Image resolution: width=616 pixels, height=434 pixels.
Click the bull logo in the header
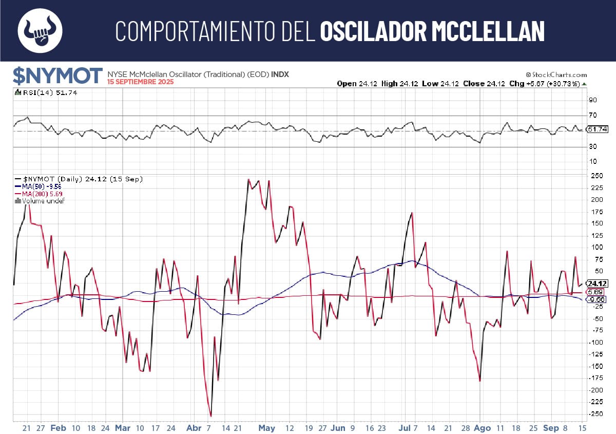pos(40,30)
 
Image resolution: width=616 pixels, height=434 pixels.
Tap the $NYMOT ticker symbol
pos(57,76)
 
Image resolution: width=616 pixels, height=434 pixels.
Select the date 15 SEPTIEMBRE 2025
pos(140,82)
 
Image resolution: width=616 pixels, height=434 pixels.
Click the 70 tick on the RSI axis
pos(592,116)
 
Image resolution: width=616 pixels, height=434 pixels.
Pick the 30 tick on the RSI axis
pos(592,147)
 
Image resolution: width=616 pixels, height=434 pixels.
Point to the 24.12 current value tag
pos(597,284)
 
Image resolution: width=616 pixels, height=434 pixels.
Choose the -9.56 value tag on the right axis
pos(597,299)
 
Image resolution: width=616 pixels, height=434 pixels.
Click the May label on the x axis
pos(267,428)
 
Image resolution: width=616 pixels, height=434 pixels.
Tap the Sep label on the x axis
pos(551,428)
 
